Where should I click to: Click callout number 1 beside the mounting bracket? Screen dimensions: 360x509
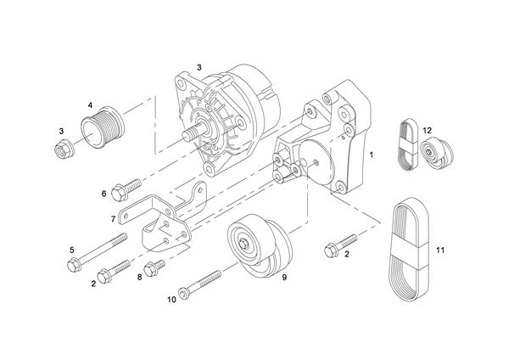pyautogui.click(x=371, y=157)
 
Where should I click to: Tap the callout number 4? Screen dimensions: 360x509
pyautogui.click(x=90, y=105)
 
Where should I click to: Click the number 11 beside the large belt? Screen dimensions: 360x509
pyautogui.click(x=439, y=250)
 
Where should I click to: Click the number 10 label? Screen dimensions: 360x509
pyautogui.click(x=171, y=299)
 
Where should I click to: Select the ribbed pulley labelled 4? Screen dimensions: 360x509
pyautogui.click(x=103, y=128)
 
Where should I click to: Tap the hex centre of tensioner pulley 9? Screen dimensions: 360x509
pyautogui.click(x=244, y=246)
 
